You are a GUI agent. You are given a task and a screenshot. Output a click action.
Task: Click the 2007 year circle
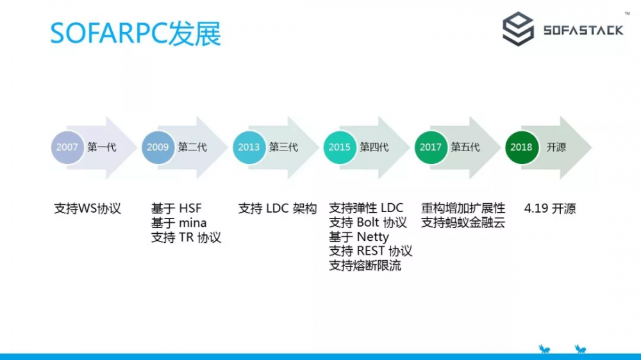[67, 147]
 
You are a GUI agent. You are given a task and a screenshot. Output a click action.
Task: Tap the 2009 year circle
[158, 147]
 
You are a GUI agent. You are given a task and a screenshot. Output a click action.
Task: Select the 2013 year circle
[249, 147]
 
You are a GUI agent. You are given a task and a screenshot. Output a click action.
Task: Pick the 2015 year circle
[340, 147]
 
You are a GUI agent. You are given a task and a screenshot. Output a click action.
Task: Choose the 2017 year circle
[431, 147]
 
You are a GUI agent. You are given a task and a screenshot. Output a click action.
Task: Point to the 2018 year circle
[522, 147]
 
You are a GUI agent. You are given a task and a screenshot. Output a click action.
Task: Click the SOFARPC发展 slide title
[136, 34]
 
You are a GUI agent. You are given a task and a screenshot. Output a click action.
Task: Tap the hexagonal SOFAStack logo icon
[518, 29]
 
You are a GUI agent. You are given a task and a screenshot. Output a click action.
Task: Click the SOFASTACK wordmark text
[583, 30]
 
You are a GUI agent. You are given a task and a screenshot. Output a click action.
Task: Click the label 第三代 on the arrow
[283, 147]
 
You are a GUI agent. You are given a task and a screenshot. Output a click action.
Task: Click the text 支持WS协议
[88, 209]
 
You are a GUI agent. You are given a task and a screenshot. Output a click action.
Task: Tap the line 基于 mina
[179, 223]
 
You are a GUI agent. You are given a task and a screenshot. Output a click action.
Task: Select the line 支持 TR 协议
[186, 238]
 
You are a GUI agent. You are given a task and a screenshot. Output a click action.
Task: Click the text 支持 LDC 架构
[278, 209]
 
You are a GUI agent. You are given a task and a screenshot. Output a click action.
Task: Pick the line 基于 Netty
[359, 237]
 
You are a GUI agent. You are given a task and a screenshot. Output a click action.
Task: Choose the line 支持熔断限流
[365, 265]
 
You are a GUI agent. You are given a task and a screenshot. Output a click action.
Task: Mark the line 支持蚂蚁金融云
[463, 223]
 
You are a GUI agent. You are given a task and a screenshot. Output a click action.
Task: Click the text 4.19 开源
[550, 209]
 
